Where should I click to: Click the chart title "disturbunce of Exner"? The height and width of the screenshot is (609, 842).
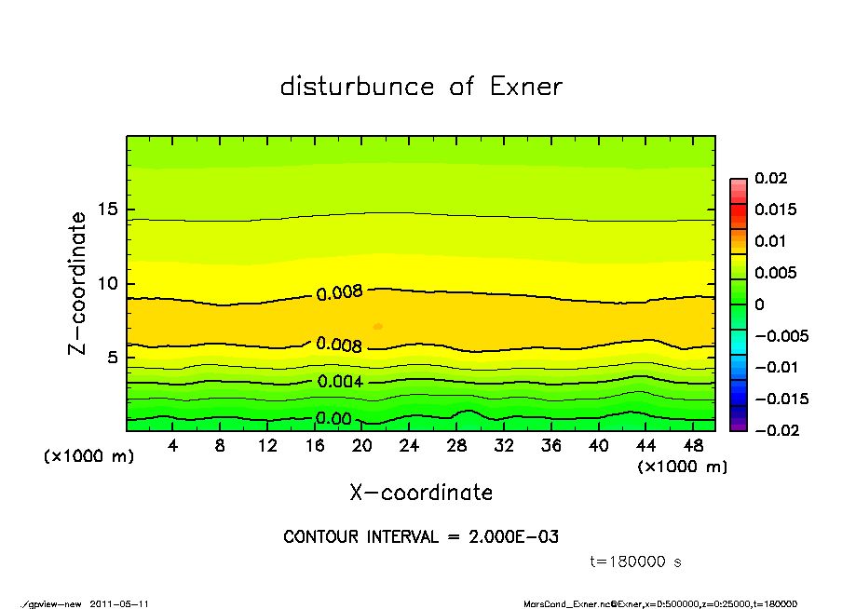tap(421, 87)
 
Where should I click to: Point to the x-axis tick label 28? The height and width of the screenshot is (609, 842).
tap(456, 446)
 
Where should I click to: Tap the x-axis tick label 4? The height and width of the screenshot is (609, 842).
tap(173, 446)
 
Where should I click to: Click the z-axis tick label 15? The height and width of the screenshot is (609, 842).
tap(108, 210)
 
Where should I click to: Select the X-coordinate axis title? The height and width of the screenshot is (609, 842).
tap(421, 493)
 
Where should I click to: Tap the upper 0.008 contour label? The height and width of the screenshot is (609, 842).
tap(339, 293)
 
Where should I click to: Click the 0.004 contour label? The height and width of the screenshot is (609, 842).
tap(339, 382)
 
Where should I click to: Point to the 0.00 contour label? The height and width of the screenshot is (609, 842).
tap(333, 419)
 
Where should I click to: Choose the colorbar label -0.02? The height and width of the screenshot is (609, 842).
tap(768, 430)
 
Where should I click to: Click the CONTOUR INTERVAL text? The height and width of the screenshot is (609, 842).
tap(421, 537)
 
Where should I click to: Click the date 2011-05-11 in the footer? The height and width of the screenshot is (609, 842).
tap(119, 603)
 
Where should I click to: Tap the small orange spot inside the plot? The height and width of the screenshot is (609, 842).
tap(378, 326)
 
